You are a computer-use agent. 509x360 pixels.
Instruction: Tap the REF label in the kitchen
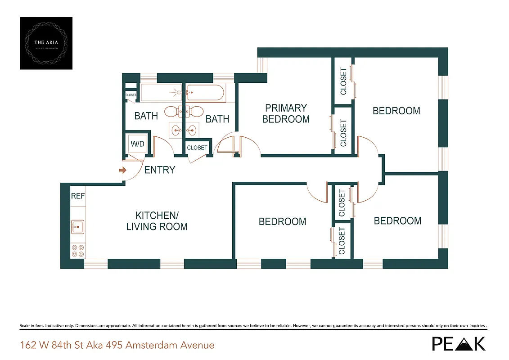click(x=78, y=196)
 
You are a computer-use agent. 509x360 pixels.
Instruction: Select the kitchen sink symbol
click(x=77, y=227)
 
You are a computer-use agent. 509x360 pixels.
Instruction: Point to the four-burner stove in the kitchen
click(x=78, y=250)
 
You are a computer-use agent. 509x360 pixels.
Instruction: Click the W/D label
click(x=137, y=144)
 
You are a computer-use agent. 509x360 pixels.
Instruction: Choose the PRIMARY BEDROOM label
click(x=286, y=113)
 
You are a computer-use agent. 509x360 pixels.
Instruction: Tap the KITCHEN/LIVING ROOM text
click(x=157, y=221)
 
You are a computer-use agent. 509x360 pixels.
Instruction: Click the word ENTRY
click(x=159, y=171)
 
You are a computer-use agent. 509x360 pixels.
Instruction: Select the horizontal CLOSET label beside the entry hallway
click(x=197, y=148)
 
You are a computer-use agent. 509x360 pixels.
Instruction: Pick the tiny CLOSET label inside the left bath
click(x=131, y=95)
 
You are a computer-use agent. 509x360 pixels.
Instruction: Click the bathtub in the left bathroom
click(x=160, y=93)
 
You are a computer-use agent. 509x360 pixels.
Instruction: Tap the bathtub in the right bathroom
click(x=205, y=93)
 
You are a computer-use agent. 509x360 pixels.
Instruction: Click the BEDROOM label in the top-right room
click(x=396, y=111)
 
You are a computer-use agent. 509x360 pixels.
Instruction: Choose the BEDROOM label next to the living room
click(x=282, y=221)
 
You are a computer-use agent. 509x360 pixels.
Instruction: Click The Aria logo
click(x=46, y=43)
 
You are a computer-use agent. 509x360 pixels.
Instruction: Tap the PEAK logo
click(x=459, y=344)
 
